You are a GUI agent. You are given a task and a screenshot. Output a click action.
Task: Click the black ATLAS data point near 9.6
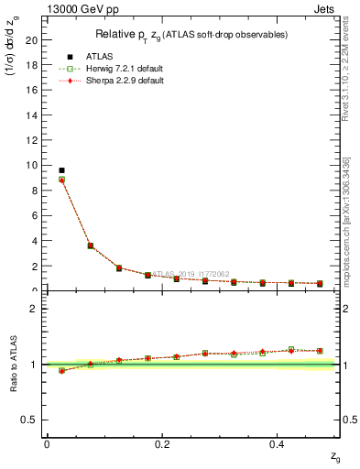pos(61,170)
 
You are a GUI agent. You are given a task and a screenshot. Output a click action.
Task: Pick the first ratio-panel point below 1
pos(61,371)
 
